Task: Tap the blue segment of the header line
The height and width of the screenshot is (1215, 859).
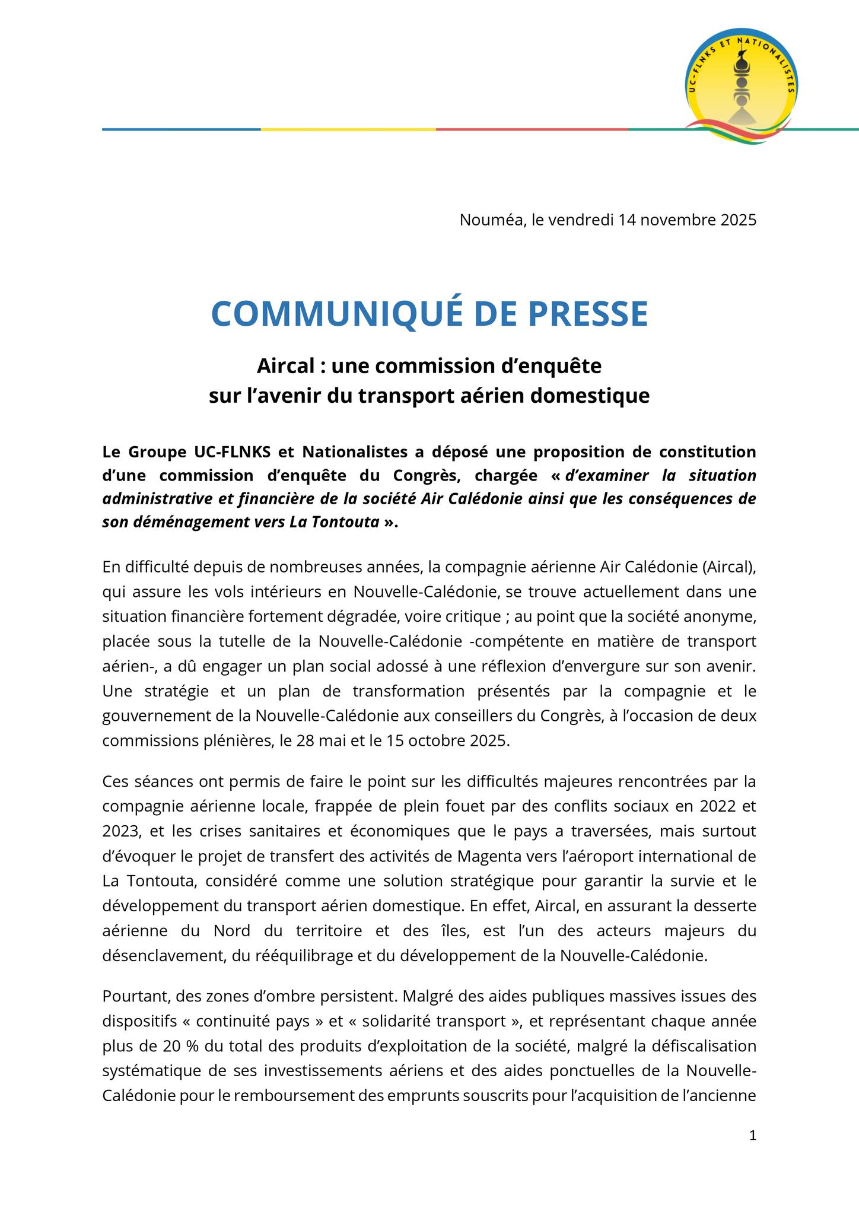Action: tap(181, 129)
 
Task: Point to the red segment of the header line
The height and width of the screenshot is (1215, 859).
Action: tap(532, 129)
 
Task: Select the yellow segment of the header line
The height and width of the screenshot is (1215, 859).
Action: tap(348, 129)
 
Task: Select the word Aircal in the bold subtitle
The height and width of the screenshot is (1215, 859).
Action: tap(282, 366)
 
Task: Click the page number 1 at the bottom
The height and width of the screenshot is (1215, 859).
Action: tap(753, 1136)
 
